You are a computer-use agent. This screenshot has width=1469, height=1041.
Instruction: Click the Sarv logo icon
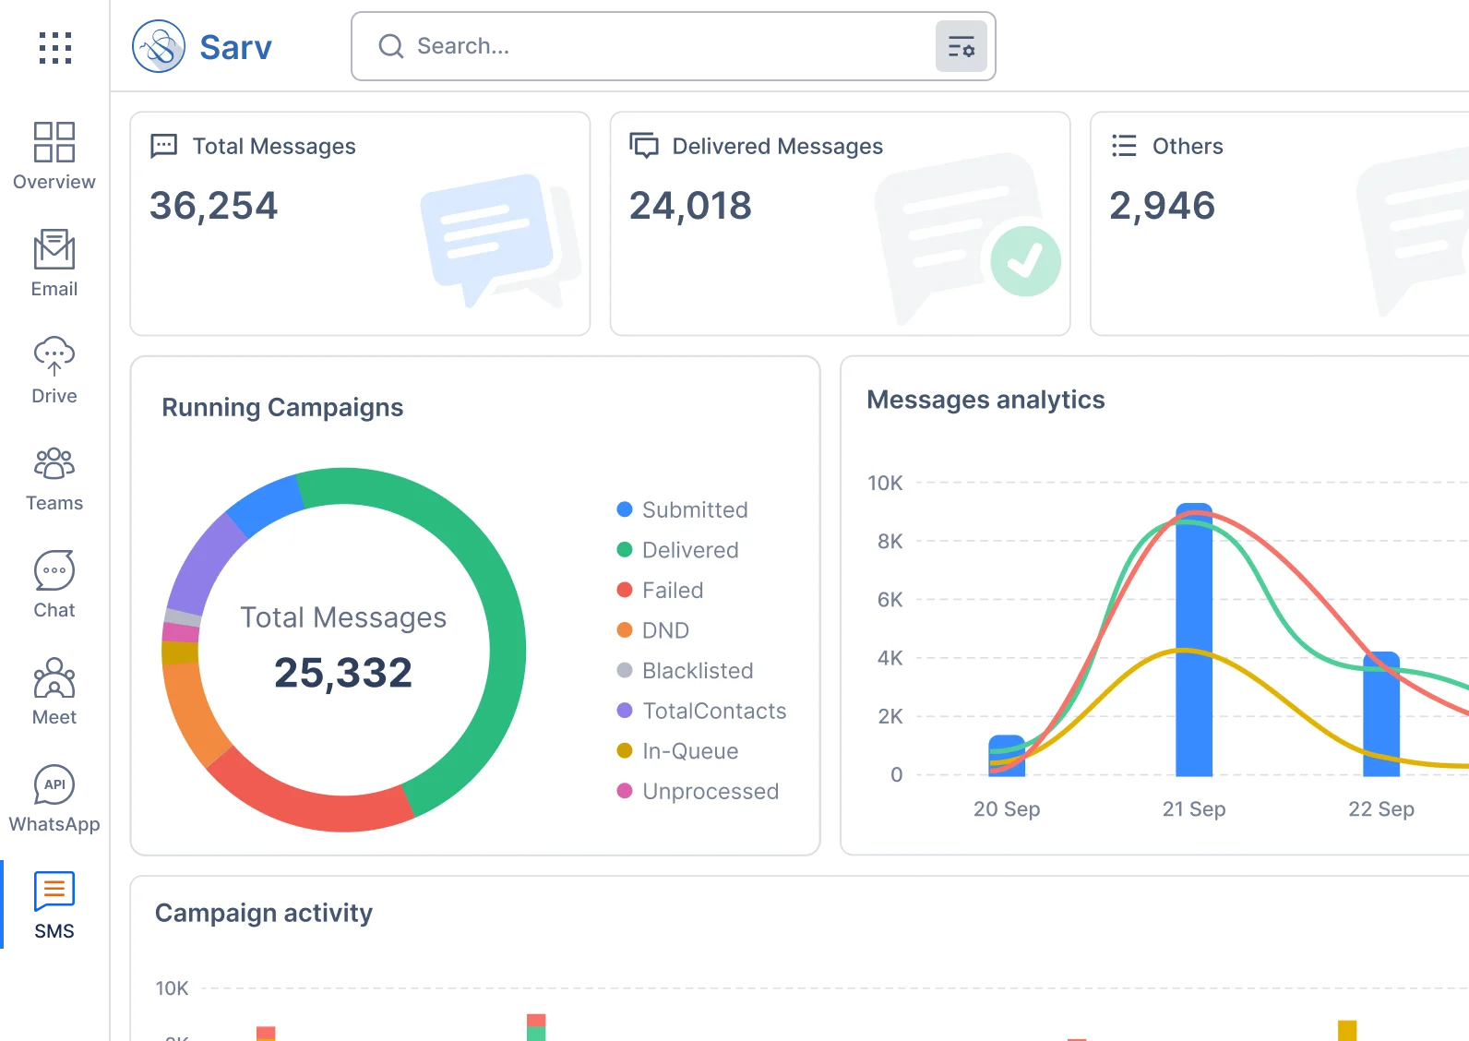coord(159,45)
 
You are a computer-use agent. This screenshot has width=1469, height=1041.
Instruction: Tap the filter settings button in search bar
coord(961,46)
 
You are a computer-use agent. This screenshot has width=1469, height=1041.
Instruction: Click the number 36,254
coord(213,205)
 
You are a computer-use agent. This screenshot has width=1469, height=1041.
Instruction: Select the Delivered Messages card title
coord(777,146)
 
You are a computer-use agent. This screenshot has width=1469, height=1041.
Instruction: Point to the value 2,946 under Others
coord(1162,205)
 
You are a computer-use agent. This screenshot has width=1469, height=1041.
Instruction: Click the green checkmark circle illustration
coord(1025,261)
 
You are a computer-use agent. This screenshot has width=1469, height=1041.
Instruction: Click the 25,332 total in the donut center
coord(343,672)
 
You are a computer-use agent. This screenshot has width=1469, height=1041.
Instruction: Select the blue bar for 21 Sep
coord(1194,646)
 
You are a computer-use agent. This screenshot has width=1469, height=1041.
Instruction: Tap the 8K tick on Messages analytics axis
coord(890,541)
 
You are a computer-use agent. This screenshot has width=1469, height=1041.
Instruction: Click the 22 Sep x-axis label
coord(1380,809)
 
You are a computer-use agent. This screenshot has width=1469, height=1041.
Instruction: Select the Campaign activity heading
coord(264,913)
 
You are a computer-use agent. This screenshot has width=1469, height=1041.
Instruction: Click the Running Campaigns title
coord(282,407)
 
